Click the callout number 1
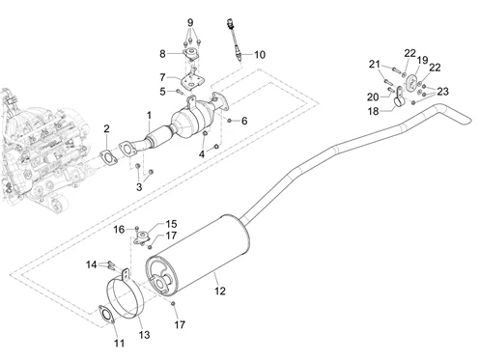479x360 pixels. (x=149, y=115)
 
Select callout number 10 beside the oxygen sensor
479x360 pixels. (x=260, y=54)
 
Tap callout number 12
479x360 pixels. (x=220, y=291)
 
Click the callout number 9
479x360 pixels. (x=190, y=23)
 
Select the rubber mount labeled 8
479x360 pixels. (x=191, y=56)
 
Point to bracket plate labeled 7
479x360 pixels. (x=191, y=82)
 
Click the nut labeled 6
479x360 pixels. (x=229, y=121)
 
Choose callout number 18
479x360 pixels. (x=374, y=111)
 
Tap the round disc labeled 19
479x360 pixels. (x=411, y=82)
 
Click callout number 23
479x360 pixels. (x=442, y=92)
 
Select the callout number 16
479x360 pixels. (x=119, y=230)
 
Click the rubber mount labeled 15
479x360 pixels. (x=142, y=237)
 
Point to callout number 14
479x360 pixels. (x=92, y=264)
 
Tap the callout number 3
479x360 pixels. (x=139, y=187)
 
